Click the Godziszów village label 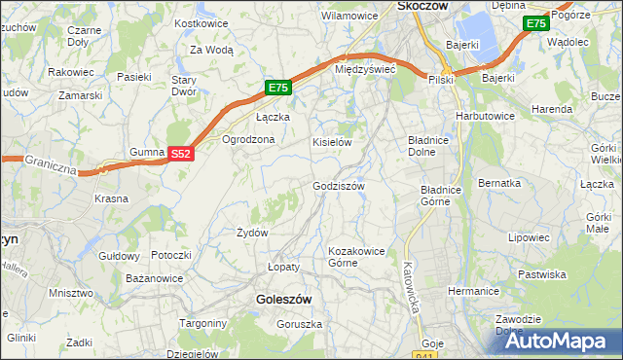(339, 186)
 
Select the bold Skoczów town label (422, 6)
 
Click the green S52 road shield (180, 154)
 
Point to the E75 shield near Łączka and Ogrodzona (278, 88)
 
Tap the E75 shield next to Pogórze (534, 23)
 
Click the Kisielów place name (331, 142)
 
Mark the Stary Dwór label (185, 86)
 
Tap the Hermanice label (473, 291)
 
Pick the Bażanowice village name (155, 279)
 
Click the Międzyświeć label (363, 70)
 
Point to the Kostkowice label (201, 22)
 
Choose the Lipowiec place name (530, 236)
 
